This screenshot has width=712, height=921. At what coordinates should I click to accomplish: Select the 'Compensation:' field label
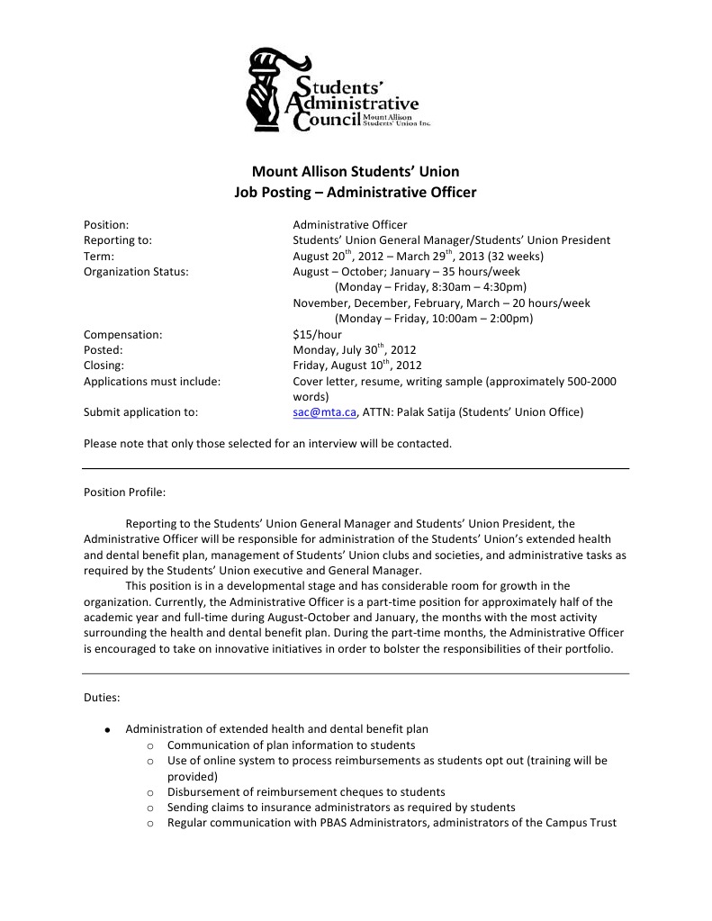point(122,334)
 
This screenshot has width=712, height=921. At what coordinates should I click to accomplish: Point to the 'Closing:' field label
point(104,366)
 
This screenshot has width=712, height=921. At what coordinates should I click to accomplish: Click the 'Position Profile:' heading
point(124,492)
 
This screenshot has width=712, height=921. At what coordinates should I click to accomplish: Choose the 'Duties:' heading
point(104,697)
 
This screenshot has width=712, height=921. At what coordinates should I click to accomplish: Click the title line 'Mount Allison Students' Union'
point(356,171)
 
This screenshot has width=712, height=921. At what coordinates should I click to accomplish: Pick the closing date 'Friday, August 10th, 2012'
point(356,366)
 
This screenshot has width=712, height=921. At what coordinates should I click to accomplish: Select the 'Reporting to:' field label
point(118,240)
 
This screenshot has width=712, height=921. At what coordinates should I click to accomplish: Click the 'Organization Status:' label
point(136,271)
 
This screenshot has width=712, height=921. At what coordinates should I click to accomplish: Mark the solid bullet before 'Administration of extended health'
point(107,729)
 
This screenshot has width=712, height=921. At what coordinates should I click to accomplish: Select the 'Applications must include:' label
point(152,381)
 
